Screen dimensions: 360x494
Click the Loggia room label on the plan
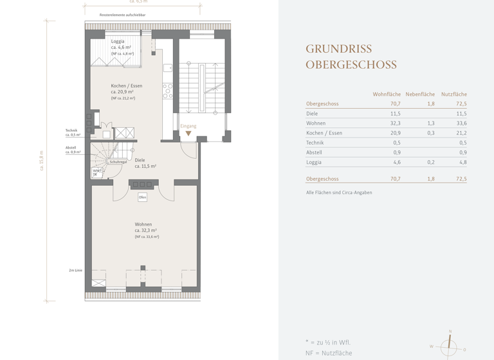pyautogui.click(x=118, y=41)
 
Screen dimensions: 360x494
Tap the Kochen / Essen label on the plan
pyautogui.click(x=126, y=85)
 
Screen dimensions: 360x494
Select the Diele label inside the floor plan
pyautogui.click(x=140, y=160)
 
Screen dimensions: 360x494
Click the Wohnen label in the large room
pyautogui.click(x=143, y=224)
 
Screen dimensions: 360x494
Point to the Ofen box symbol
pyautogui.click(x=143, y=197)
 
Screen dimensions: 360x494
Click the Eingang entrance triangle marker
pyautogui.click(x=188, y=134)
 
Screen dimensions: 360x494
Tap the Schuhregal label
pyautogui.click(x=118, y=162)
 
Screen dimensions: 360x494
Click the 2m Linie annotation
pyautogui.click(x=75, y=271)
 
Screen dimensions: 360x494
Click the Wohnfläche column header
pyautogui.click(x=387, y=94)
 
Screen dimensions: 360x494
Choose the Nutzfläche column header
pyautogui.click(x=453, y=94)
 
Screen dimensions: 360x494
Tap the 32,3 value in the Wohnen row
pyautogui.click(x=394, y=123)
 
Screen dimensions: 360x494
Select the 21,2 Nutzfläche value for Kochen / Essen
pyautogui.click(x=461, y=133)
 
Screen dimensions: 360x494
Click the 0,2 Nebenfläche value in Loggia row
pyautogui.click(x=430, y=163)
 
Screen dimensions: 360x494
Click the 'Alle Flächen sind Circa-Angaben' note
pyautogui.click(x=339, y=192)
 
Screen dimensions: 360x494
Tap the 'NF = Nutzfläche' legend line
pyautogui.click(x=329, y=353)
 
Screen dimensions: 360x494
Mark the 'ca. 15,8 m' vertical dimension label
pyautogui.click(x=42, y=160)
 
